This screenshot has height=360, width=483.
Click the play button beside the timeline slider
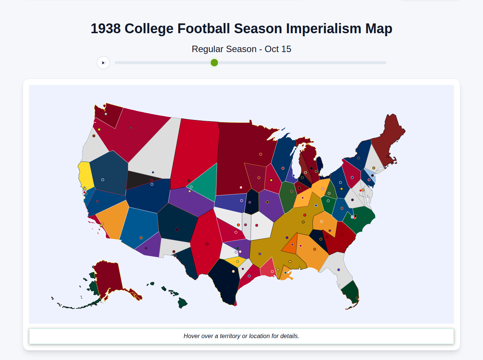pyautogui.click(x=103, y=63)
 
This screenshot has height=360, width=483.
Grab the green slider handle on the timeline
pyautogui.click(x=214, y=63)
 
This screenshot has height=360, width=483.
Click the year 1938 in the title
pyautogui.click(x=106, y=29)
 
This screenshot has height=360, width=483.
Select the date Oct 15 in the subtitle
pyautogui.click(x=278, y=49)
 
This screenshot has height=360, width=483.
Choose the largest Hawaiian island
pyautogui.click(x=182, y=303)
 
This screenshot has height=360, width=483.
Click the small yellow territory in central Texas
pyautogui.click(x=235, y=262)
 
